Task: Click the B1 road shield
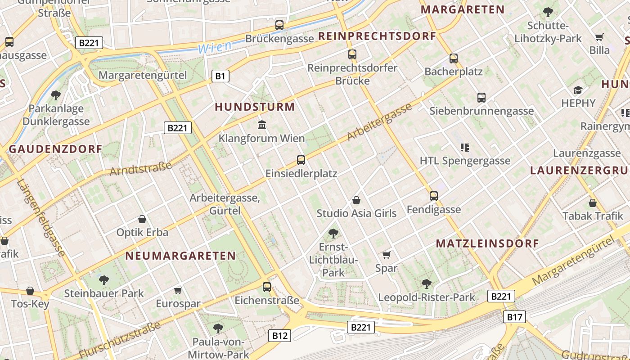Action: (x=220, y=76)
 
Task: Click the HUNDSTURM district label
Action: (x=255, y=107)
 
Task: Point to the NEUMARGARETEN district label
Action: (x=180, y=256)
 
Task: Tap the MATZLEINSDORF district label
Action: (x=487, y=243)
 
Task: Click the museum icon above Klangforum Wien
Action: (x=261, y=124)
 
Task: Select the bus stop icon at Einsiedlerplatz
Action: (x=301, y=160)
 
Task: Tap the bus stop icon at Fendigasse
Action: (x=433, y=196)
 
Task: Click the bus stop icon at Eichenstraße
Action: (x=267, y=287)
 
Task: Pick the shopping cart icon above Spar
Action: (x=386, y=255)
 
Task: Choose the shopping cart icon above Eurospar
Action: (x=178, y=290)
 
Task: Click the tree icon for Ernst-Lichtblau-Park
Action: (x=333, y=233)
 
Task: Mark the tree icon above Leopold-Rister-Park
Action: (x=426, y=283)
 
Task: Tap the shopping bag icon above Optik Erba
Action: (x=142, y=219)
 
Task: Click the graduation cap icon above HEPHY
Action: (x=578, y=90)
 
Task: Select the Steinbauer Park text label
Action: (x=104, y=293)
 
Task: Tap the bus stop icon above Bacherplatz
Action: (x=453, y=58)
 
